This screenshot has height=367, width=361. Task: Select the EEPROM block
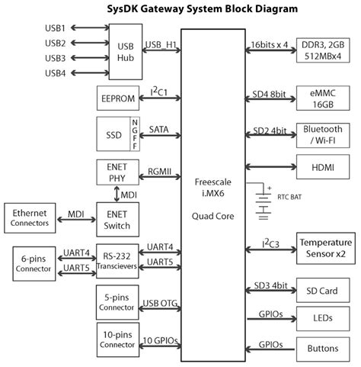click(x=117, y=98)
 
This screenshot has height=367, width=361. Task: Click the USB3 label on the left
click(x=55, y=57)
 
